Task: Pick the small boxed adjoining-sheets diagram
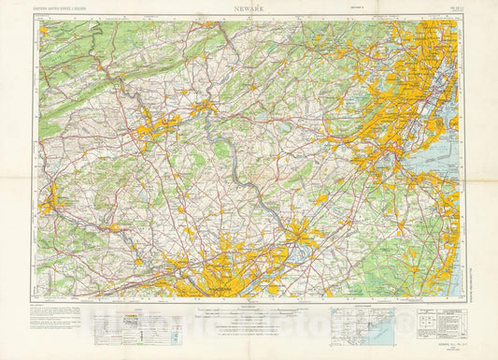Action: click(429, 322)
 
